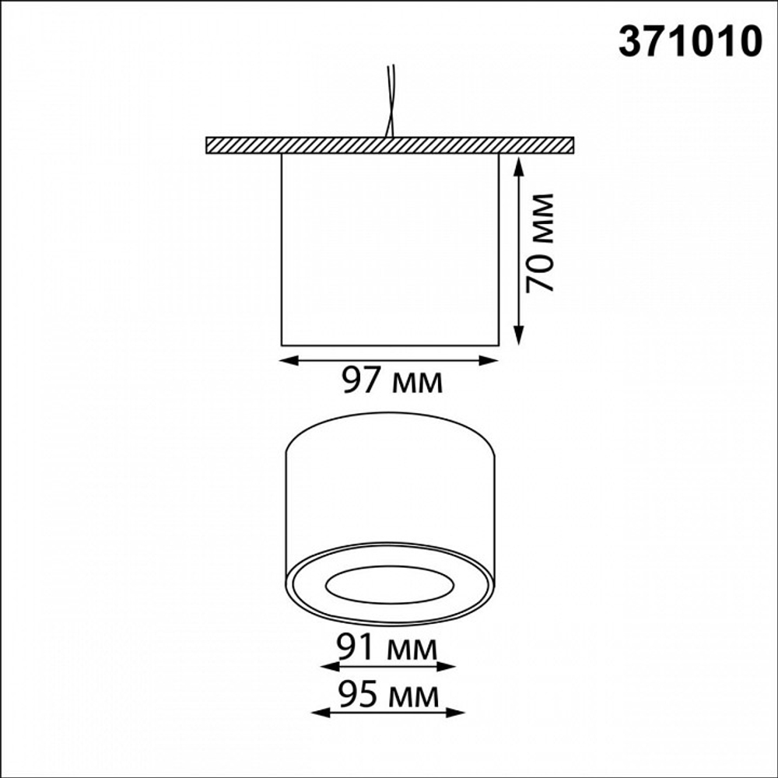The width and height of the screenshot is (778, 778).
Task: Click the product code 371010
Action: click(690, 41)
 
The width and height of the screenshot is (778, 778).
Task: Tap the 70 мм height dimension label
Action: click(539, 243)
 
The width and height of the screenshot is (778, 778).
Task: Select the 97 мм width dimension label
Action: click(392, 381)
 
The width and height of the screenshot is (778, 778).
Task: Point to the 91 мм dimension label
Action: click(387, 647)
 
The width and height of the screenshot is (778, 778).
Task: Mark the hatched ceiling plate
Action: click(390, 145)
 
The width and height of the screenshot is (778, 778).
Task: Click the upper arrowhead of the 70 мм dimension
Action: click(518, 166)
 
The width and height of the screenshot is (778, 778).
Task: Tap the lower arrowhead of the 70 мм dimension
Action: click(518, 335)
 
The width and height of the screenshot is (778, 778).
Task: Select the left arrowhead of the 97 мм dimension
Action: click(289, 361)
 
